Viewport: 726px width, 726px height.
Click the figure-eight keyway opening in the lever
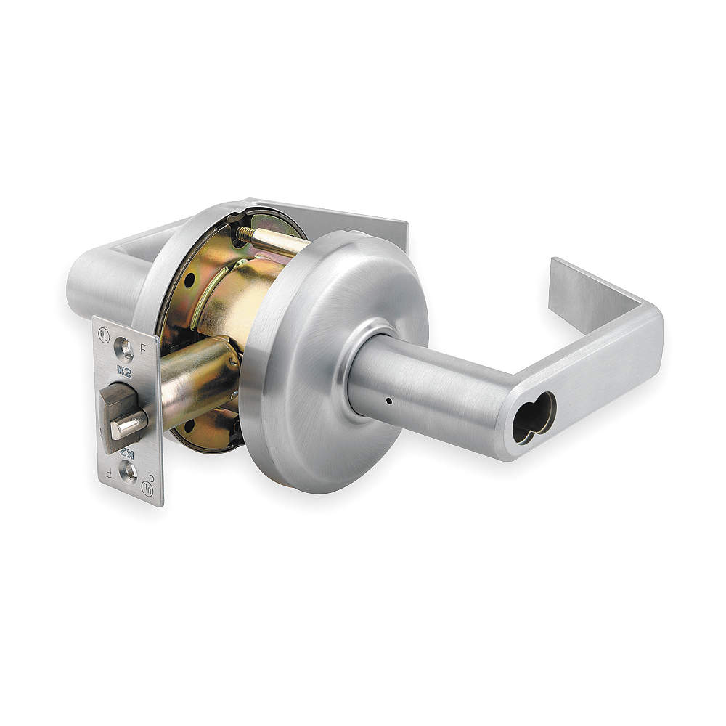pos(534,417)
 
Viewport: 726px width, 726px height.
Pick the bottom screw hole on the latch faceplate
pos(129,473)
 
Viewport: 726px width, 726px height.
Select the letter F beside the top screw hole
pos(143,346)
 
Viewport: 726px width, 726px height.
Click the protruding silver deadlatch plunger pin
pos(128,425)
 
